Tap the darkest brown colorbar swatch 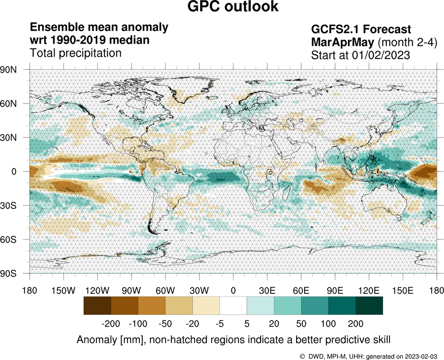click(x=97, y=306)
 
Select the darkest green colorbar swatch click(x=369, y=306)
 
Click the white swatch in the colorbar click(x=233, y=306)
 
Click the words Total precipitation click(x=75, y=53)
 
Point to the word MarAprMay click(x=342, y=43)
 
